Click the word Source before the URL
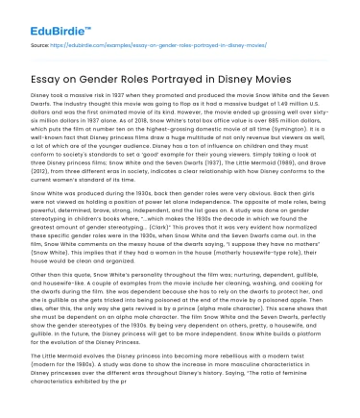(39, 43)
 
